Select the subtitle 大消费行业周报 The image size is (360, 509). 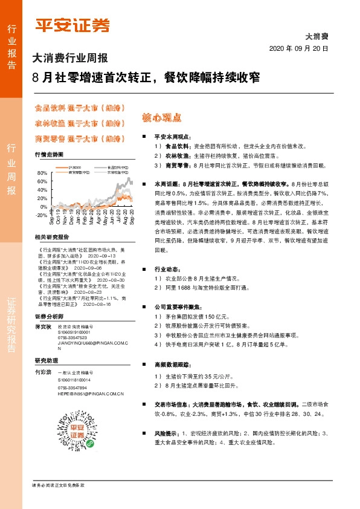pos(69,59)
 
